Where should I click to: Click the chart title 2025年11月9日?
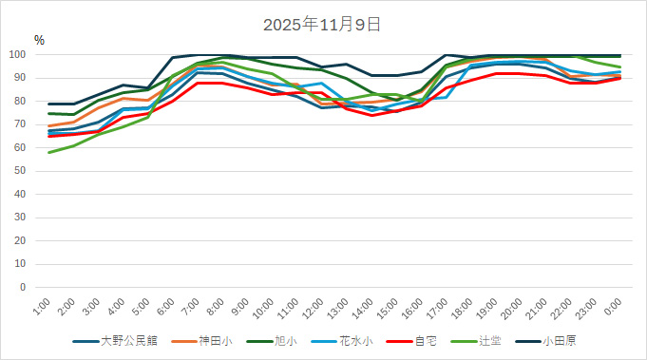323,24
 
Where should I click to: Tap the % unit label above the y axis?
39,40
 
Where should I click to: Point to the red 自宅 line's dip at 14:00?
372,115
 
